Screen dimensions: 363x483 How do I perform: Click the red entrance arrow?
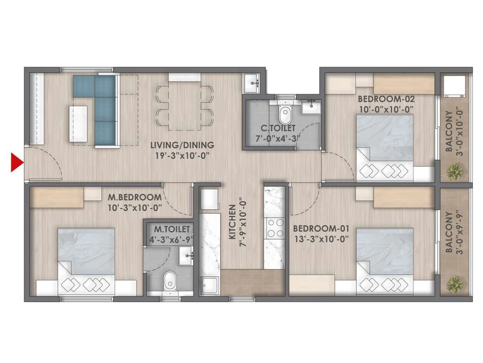17,163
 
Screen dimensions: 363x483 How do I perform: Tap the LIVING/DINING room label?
182,145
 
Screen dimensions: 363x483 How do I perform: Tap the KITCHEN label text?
232,222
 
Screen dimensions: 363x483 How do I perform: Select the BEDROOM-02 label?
386,99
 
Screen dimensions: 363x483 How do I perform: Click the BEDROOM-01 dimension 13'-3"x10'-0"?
321,239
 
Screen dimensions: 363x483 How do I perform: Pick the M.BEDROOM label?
135,197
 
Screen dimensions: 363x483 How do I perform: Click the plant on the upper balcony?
454,171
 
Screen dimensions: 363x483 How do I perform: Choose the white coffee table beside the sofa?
78,124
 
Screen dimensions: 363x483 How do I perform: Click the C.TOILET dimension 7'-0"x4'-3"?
278,139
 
